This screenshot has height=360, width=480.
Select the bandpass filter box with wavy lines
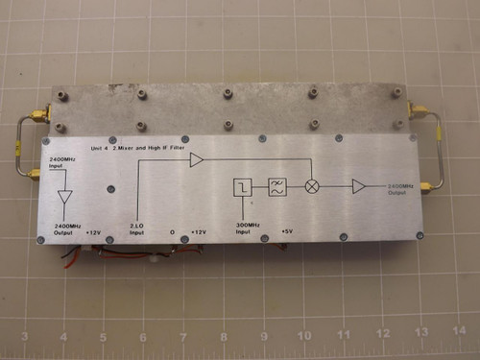tap(276, 187)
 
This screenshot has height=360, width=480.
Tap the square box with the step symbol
tap(243, 187)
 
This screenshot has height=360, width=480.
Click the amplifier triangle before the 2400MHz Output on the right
tap(359, 186)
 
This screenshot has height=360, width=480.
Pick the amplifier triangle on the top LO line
tap(196, 160)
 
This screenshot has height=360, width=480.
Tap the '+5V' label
tap(288, 230)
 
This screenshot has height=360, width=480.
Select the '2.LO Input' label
tap(137, 228)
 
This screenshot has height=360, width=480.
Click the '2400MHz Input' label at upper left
tap(60, 162)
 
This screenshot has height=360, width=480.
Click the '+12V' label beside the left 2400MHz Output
tap(93, 231)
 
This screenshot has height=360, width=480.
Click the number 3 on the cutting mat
tap(24, 337)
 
